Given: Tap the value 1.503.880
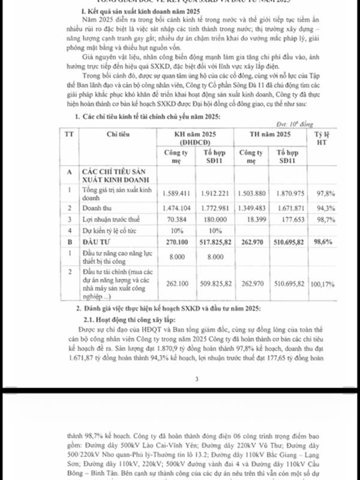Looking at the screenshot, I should (x=252, y=194).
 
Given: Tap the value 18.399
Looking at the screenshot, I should (x=252, y=220).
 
